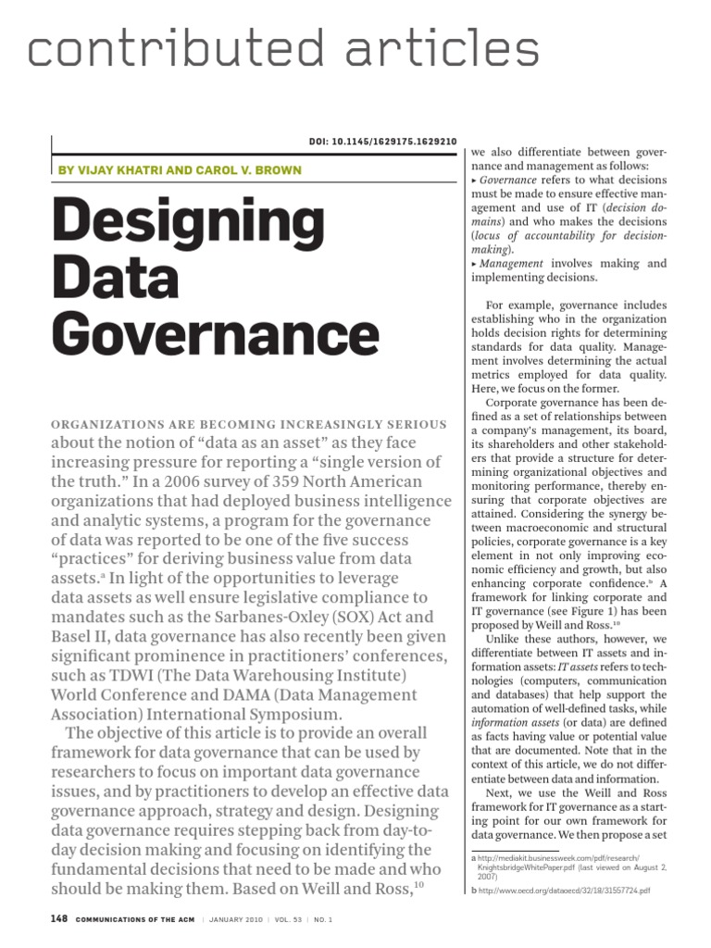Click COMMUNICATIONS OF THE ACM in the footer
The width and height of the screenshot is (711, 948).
[x=147, y=926]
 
